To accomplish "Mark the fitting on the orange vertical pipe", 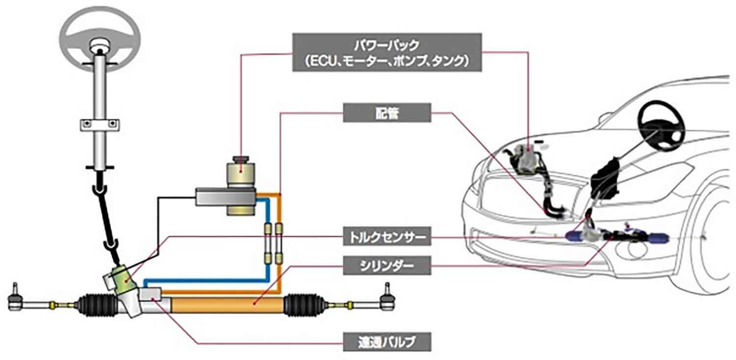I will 280,230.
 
